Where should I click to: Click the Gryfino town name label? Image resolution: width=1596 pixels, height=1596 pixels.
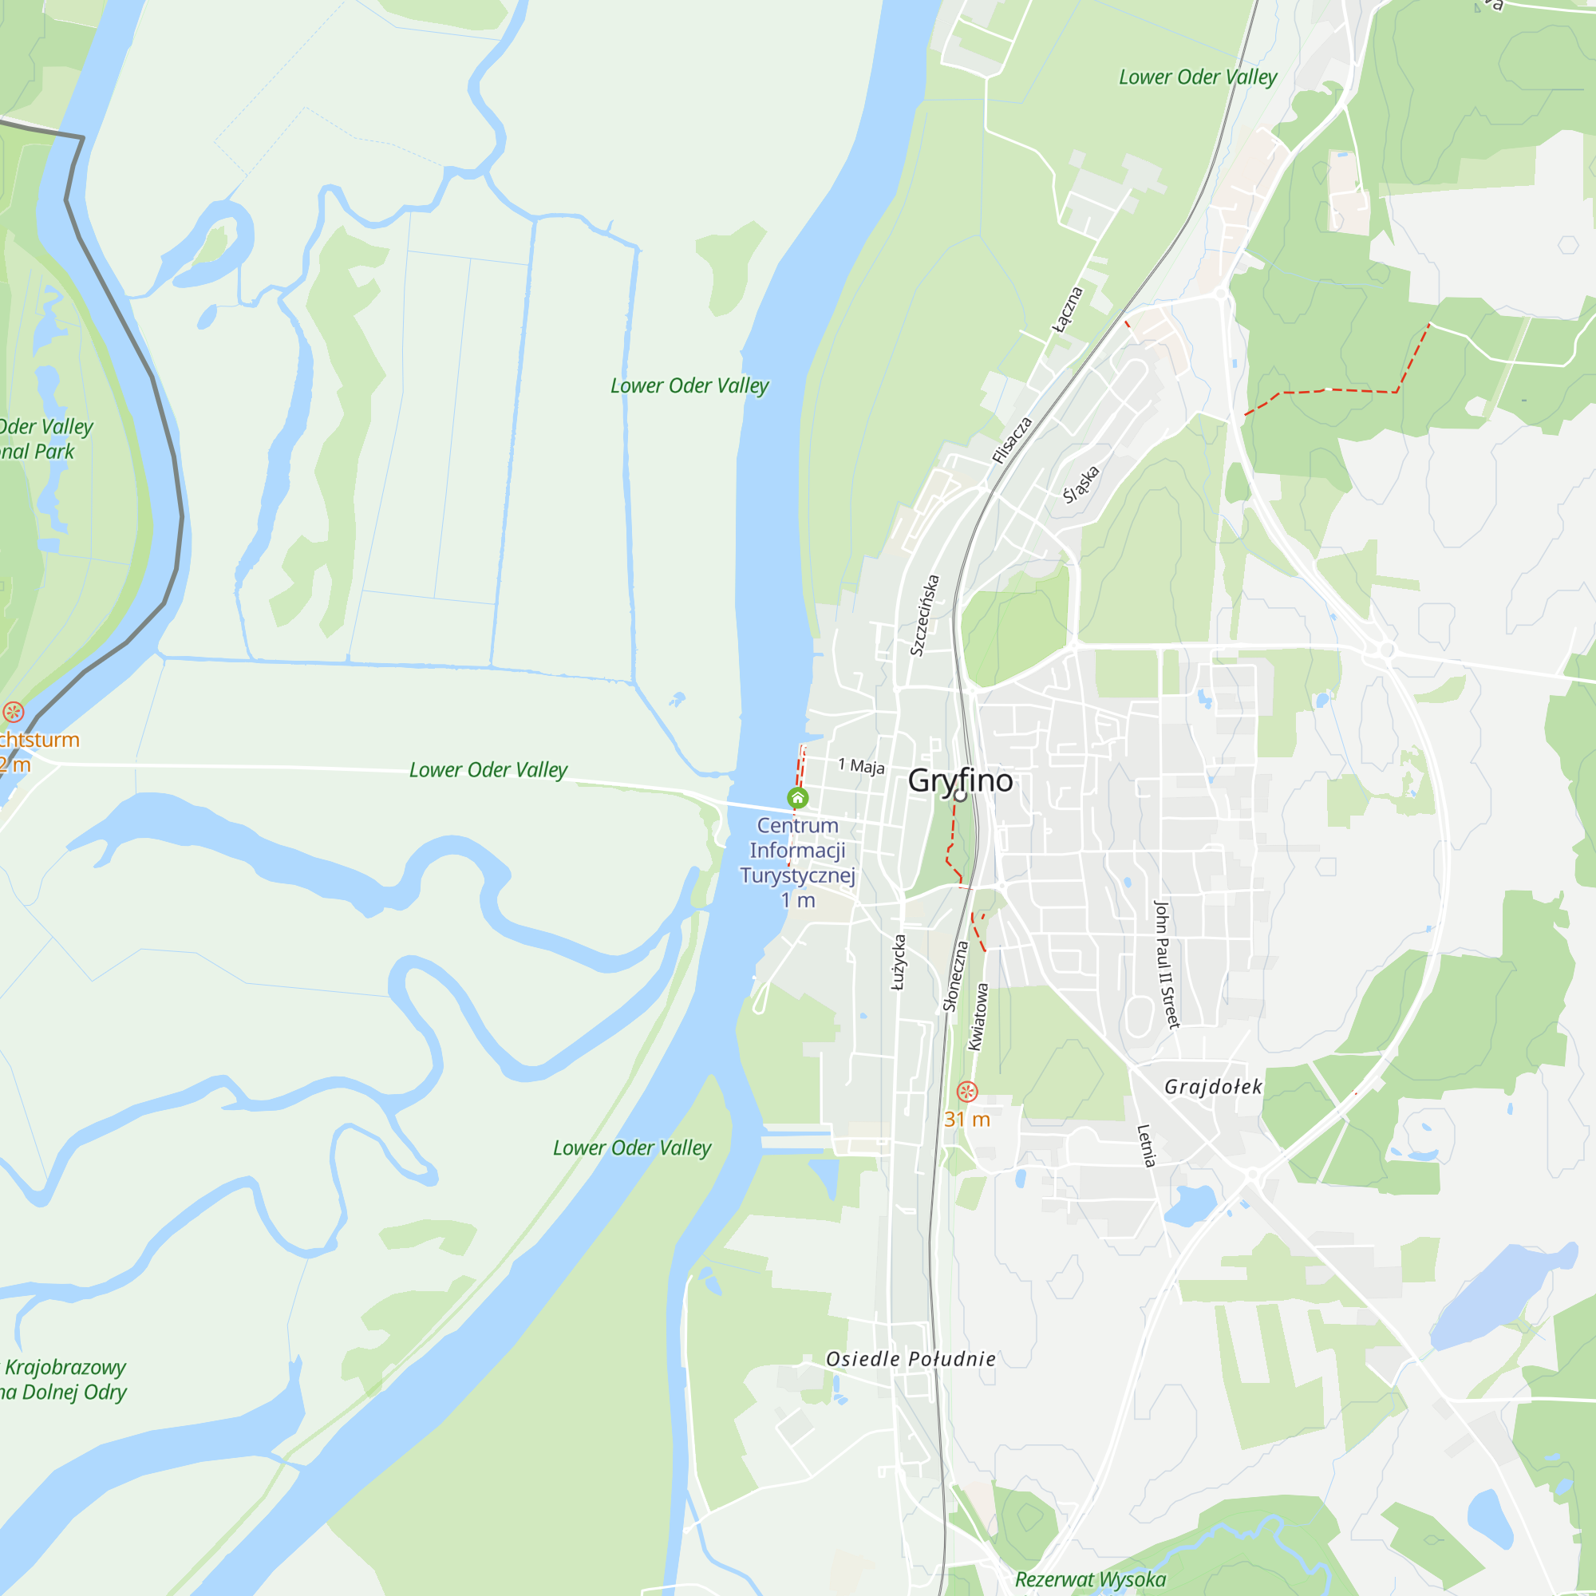point(960,780)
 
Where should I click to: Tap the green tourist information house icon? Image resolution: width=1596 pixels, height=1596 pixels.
point(797,797)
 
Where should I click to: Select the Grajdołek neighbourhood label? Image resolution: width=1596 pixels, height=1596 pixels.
point(1213,1086)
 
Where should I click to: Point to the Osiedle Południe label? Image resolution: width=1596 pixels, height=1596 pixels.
point(911,1359)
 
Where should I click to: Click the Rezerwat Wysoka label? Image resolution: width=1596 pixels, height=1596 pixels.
point(1089,1578)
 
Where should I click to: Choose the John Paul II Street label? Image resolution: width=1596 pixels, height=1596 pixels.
point(1166,964)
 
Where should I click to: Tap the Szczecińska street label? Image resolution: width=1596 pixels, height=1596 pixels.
point(924,615)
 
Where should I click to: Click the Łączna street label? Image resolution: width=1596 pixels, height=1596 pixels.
point(1066,310)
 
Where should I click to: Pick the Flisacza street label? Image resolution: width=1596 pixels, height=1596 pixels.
point(1012,440)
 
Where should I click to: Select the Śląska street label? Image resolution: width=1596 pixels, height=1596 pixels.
point(1080,485)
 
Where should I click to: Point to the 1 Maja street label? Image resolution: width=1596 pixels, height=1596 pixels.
point(861,766)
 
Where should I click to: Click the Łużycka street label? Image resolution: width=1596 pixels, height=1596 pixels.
point(899,962)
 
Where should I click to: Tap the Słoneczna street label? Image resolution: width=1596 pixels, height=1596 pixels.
point(955,977)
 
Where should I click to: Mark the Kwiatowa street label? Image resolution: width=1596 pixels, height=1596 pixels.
point(978,1016)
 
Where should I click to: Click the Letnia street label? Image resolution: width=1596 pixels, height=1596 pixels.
point(1146,1145)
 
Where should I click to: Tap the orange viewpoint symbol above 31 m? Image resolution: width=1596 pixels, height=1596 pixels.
point(966,1091)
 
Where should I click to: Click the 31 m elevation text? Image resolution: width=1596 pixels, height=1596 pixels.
point(966,1120)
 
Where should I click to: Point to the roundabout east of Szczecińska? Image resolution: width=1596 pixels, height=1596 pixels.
point(1386,650)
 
